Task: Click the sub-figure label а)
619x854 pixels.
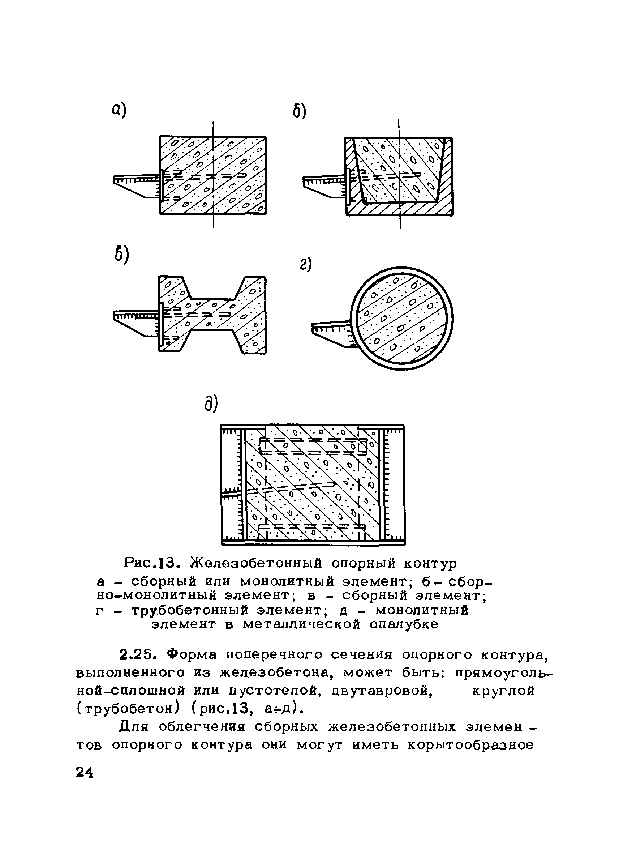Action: pos(119,110)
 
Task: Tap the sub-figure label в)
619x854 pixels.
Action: pos(121,255)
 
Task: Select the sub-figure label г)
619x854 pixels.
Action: pos(306,265)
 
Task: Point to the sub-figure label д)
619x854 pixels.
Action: pos(211,403)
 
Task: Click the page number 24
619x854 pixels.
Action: pos(84,772)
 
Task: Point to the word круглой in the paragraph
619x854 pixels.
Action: pos(503,691)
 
